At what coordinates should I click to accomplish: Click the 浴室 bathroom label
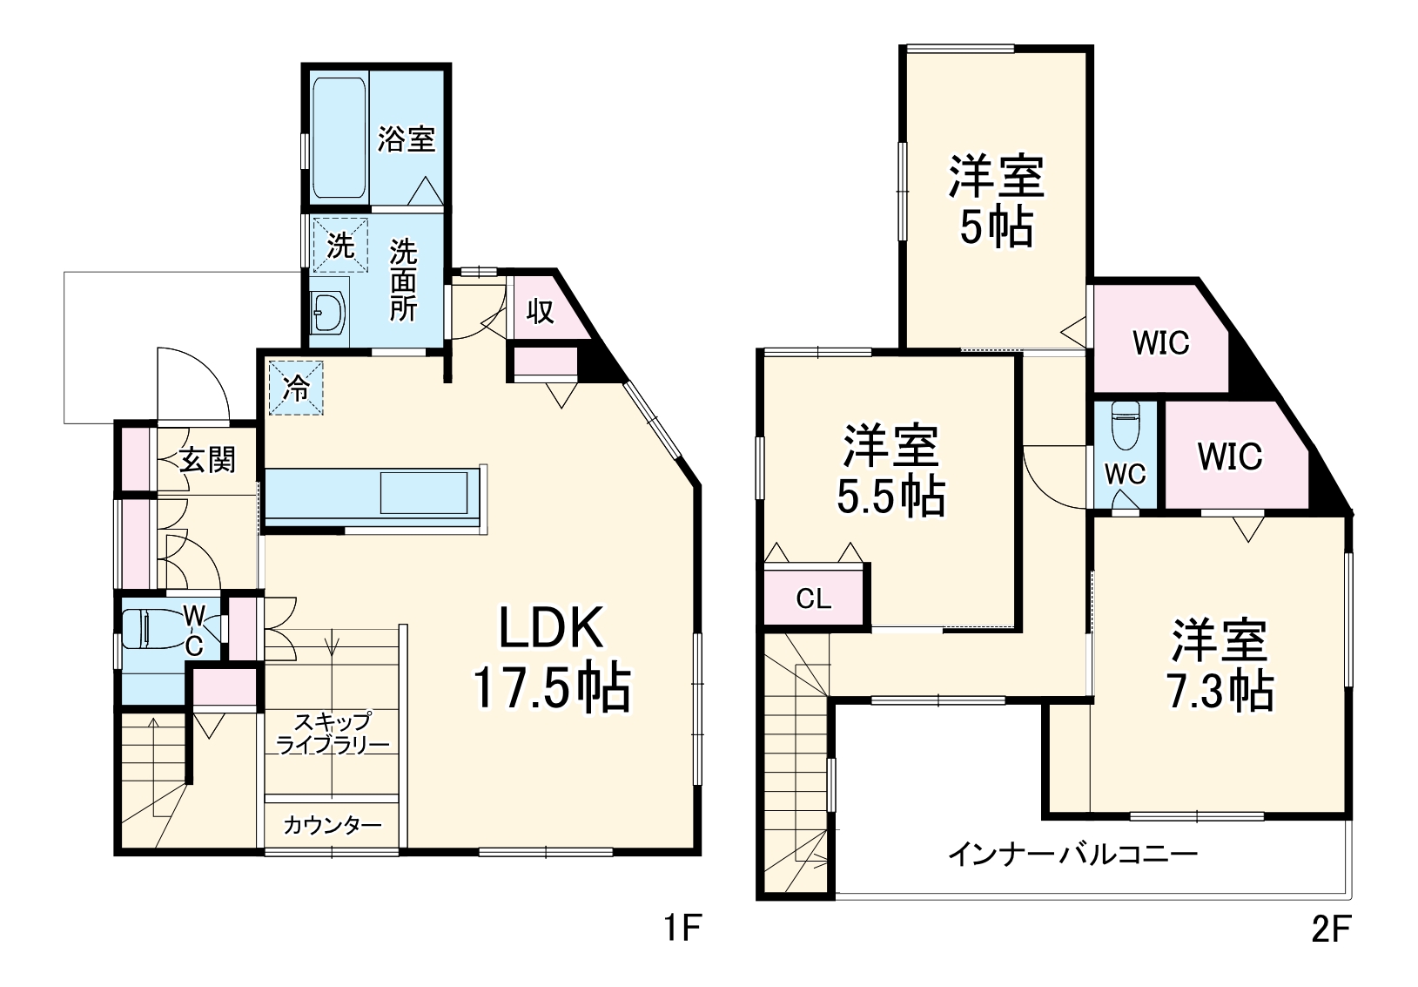click(x=406, y=139)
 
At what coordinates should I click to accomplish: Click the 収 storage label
click(x=541, y=310)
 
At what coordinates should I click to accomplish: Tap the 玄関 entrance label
click(x=207, y=459)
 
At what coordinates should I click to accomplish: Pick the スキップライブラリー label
click(x=332, y=733)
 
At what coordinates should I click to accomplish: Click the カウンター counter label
click(x=332, y=824)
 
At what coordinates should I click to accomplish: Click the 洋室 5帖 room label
click(x=996, y=202)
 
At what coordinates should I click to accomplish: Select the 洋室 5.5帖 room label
click(x=889, y=470)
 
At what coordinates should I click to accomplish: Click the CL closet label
click(x=814, y=598)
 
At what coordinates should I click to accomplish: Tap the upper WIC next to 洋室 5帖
click(x=1160, y=342)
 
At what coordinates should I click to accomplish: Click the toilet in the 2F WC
click(x=1125, y=424)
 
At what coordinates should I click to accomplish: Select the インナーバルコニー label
click(x=1072, y=853)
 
